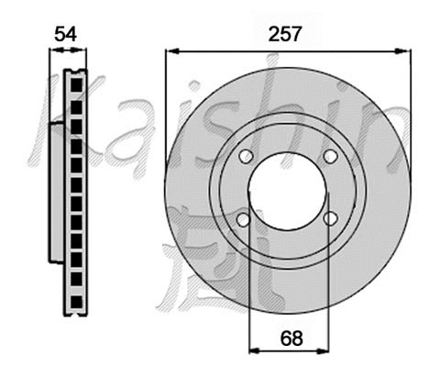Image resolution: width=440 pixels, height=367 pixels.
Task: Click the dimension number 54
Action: (x=63, y=34)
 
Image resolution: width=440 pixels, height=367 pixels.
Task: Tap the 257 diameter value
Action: (x=286, y=34)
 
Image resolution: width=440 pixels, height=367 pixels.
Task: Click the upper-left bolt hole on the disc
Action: (x=244, y=157)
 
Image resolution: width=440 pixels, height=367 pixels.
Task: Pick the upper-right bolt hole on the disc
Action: (x=330, y=157)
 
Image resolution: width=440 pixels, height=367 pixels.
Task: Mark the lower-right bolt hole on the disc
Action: (x=330, y=219)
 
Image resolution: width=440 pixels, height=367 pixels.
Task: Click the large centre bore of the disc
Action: (x=287, y=188)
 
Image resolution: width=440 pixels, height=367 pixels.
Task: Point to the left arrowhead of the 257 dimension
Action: (x=170, y=52)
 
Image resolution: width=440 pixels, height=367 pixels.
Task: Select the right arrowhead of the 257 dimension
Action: (x=404, y=52)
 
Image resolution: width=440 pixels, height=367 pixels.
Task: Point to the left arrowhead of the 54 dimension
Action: (x=51, y=52)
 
